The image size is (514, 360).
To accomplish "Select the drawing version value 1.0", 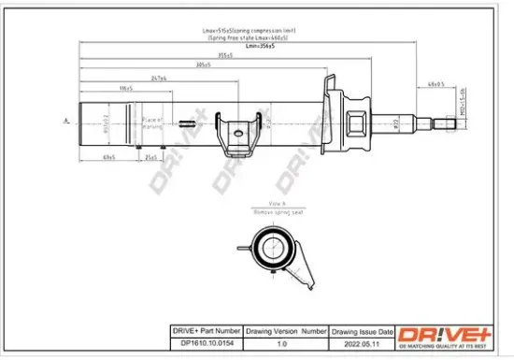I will [286, 342].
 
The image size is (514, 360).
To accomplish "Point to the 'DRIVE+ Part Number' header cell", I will [206, 331].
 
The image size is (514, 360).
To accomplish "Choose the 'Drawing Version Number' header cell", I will [286, 331].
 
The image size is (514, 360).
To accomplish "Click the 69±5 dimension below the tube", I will [108, 158].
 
